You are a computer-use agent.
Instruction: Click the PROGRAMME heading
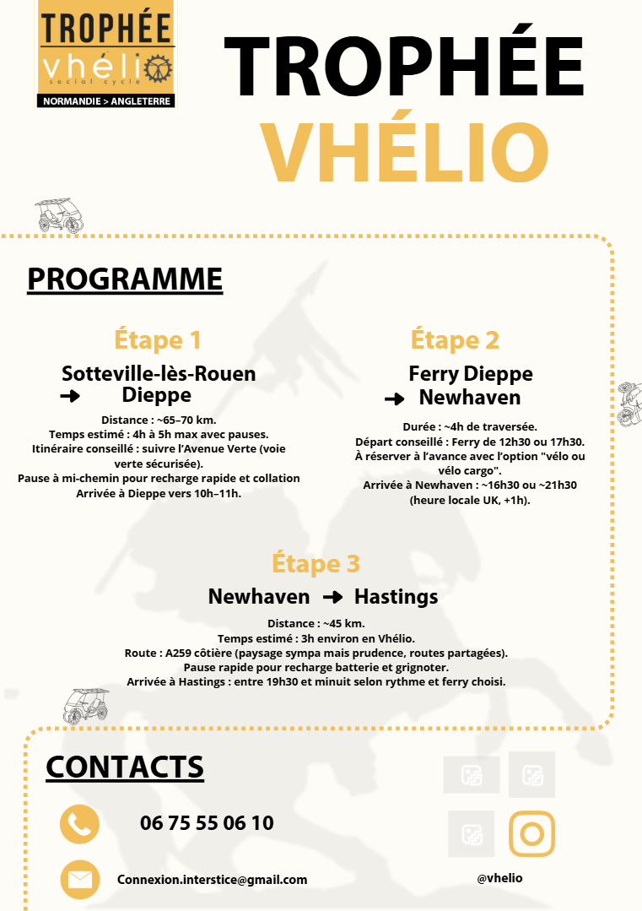tap(125, 279)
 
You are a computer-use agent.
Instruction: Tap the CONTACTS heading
tap(125, 767)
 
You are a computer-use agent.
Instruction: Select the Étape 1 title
tap(158, 340)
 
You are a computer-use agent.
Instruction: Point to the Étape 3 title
tap(316, 563)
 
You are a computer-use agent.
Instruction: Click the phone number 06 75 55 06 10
tap(207, 823)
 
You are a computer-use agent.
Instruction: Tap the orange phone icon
tap(79, 824)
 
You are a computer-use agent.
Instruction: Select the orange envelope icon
tap(79, 880)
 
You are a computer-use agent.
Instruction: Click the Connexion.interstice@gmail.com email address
tap(212, 880)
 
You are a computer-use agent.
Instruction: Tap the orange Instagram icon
tap(531, 834)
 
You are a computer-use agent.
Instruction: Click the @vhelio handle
tap(499, 878)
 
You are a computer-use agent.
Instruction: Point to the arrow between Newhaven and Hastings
tap(332, 597)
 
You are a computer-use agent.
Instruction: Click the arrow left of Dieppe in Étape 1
tap(70, 396)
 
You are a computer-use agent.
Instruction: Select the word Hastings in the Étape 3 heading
tap(396, 597)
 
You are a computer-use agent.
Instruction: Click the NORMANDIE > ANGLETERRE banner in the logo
tap(105, 101)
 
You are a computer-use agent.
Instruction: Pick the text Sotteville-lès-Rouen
tap(159, 373)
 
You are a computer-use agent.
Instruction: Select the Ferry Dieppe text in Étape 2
tap(471, 373)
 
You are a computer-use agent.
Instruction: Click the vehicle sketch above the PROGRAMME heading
tap(61, 216)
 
